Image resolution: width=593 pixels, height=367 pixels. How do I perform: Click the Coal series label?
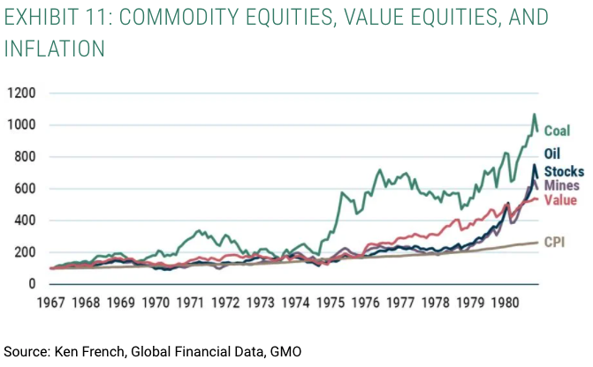pyautogui.click(x=556, y=131)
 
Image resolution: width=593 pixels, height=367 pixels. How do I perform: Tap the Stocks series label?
pyautogui.click(x=563, y=171)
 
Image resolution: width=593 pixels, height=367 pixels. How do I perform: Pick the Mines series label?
pyautogui.click(x=560, y=186)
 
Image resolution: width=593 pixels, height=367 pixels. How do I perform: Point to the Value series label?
pyautogui.click(x=559, y=200)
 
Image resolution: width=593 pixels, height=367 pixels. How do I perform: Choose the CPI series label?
pyautogui.click(x=554, y=240)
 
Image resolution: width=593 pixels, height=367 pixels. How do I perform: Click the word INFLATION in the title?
pyautogui.click(x=53, y=48)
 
